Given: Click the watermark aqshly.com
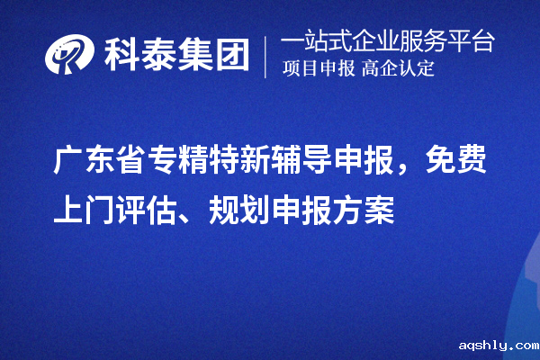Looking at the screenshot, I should (x=497, y=345).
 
